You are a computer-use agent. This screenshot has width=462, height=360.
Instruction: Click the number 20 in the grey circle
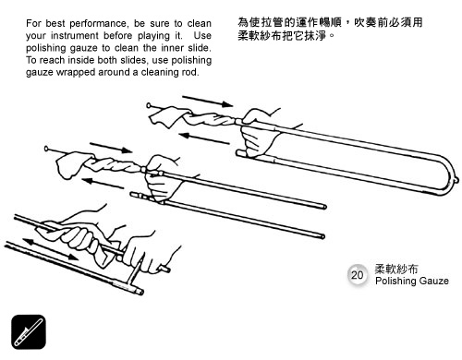[357, 274]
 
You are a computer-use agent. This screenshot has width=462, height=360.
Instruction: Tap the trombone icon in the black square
[29, 332]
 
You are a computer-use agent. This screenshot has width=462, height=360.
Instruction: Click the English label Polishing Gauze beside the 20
[412, 281]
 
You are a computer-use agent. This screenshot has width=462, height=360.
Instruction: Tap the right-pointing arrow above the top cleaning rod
[208, 102]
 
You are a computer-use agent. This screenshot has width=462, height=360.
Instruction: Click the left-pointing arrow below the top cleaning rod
[204, 138]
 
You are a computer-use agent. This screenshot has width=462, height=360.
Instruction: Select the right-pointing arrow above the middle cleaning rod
[111, 148]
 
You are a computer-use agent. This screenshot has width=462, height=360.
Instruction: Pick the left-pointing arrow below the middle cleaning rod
[103, 184]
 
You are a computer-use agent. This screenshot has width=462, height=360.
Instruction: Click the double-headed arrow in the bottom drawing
[51, 249]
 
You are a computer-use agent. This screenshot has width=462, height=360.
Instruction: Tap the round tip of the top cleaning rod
[149, 105]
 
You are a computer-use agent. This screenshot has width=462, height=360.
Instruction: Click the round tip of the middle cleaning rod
[47, 149]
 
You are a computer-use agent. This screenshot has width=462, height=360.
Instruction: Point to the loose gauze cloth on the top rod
[168, 116]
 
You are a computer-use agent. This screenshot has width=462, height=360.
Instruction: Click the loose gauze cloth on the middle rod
[73, 165]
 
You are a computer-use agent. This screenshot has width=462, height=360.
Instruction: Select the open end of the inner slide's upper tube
[324, 207]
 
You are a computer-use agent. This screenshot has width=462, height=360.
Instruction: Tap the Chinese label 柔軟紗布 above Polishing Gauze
[396, 269]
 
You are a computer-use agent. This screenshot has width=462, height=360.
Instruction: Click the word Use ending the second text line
[202, 36]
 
